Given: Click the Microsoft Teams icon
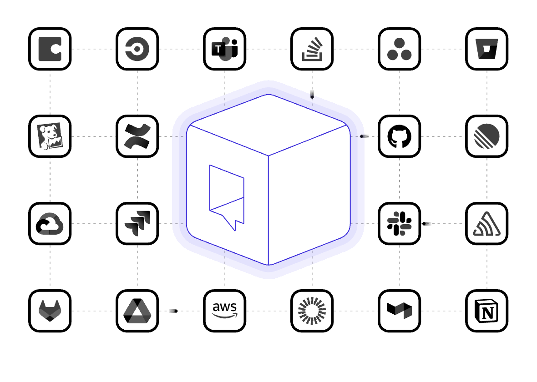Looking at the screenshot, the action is click(225, 49).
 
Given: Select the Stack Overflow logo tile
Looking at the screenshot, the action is click(312, 49).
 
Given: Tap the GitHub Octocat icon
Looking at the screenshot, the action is click(399, 136).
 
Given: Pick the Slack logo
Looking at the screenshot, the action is click(399, 224).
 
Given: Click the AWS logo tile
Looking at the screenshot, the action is click(225, 311).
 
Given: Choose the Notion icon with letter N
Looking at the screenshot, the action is click(486, 311).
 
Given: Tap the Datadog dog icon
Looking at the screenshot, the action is click(50, 136).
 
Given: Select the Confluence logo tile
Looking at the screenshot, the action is click(137, 136).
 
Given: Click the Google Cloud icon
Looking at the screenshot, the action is click(50, 224).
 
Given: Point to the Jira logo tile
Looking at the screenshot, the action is click(137, 224).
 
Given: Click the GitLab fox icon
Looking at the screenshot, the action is click(50, 311).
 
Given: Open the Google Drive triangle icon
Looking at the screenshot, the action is click(137, 311).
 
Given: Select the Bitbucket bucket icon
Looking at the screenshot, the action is click(486, 49).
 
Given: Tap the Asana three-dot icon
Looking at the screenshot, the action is click(399, 49).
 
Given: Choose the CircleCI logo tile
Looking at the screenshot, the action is click(137, 49).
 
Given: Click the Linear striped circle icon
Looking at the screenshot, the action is click(486, 136).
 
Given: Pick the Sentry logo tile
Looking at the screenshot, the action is click(486, 224).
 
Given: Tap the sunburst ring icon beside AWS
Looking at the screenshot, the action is click(312, 311).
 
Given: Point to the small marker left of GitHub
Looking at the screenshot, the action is click(364, 136).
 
